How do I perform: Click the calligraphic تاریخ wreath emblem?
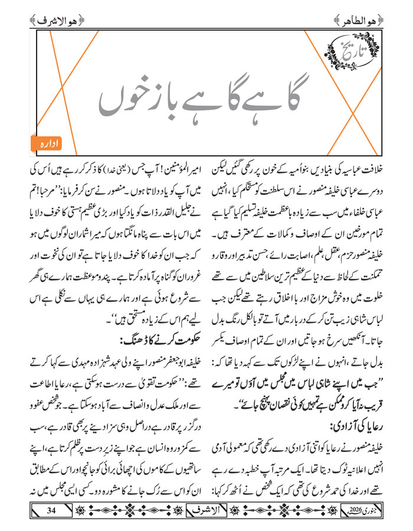coord(352,55)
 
